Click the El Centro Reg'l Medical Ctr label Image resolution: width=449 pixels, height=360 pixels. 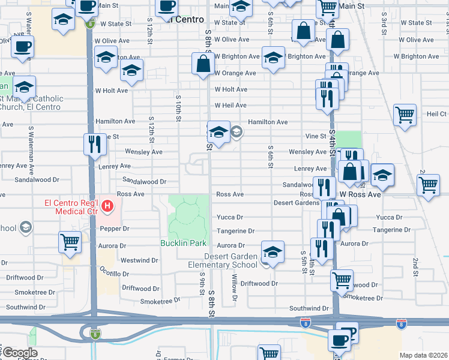[x=73, y=206]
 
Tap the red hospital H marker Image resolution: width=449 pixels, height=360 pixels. [x=107, y=207]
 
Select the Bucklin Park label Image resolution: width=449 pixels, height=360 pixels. [x=183, y=243]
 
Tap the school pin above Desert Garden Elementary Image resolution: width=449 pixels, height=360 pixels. [x=273, y=253]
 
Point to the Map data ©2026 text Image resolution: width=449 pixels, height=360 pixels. [x=423, y=355]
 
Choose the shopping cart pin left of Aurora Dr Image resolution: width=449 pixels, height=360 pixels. [x=70, y=242]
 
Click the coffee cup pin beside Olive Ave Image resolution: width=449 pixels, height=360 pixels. [x=23, y=46]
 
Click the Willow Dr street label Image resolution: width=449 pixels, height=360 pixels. [x=235, y=288]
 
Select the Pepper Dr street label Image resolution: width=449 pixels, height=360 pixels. [x=116, y=229]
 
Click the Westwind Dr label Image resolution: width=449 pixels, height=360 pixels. [x=139, y=260]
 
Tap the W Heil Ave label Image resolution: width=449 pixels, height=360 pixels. [x=231, y=106]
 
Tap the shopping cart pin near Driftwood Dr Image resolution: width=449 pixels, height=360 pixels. [x=342, y=280]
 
